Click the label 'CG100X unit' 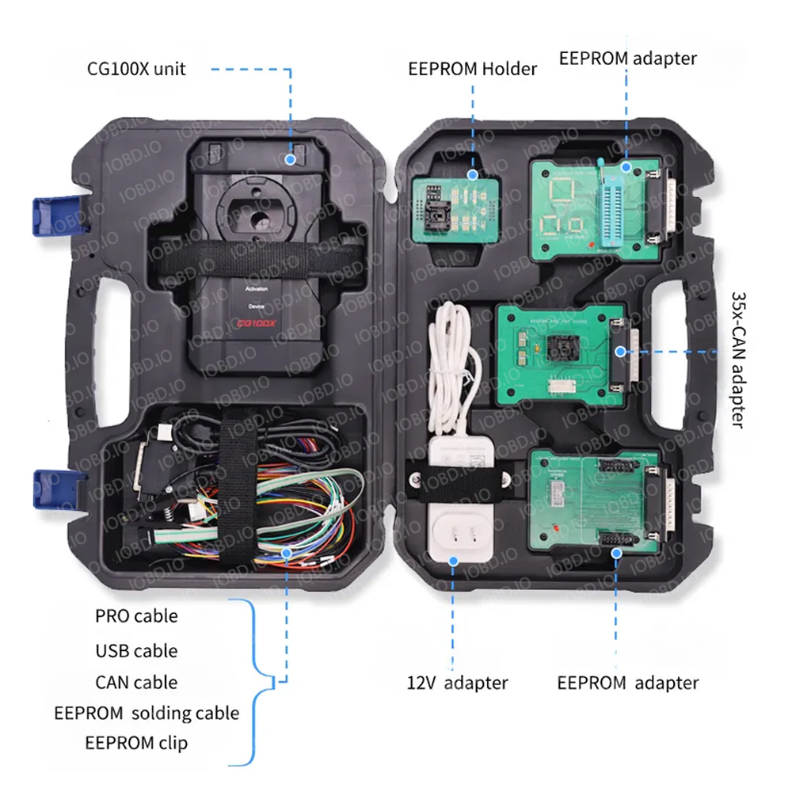click(x=136, y=68)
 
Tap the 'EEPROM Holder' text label click(x=473, y=68)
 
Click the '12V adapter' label click(x=458, y=682)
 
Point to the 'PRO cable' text click(x=136, y=615)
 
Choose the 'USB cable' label click(x=136, y=650)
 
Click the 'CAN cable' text click(x=136, y=682)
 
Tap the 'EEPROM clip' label click(x=136, y=742)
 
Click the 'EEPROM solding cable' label click(x=147, y=713)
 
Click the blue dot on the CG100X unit click(x=291, y=158)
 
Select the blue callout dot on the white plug click(x=454, y=560)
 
